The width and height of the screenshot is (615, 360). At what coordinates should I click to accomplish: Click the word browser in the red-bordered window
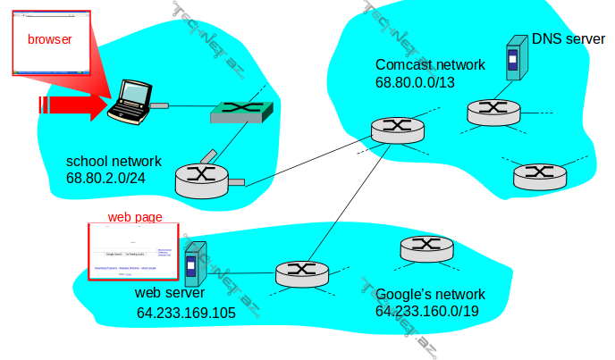coord(49,39)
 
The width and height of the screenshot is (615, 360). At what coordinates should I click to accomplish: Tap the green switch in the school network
coord(241,112)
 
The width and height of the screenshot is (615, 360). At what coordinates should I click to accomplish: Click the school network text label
coord(114,162)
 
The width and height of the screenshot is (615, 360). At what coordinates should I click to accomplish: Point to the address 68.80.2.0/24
coord(105,178)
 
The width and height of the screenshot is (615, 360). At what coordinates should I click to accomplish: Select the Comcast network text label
coord(430,65)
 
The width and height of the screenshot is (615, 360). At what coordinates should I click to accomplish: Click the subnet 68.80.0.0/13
coord(415,82)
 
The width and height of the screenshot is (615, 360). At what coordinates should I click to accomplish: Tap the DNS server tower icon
coord(513,59)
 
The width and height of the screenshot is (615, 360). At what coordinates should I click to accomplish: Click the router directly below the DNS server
coord(493,111)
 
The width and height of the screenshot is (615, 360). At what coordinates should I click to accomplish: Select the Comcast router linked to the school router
coord(396,129)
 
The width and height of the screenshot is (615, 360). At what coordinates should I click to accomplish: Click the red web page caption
coord(135,217)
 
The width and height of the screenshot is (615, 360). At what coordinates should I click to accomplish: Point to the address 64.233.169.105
coord(186,313)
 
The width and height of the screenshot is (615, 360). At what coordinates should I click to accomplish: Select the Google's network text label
coord(430,294)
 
